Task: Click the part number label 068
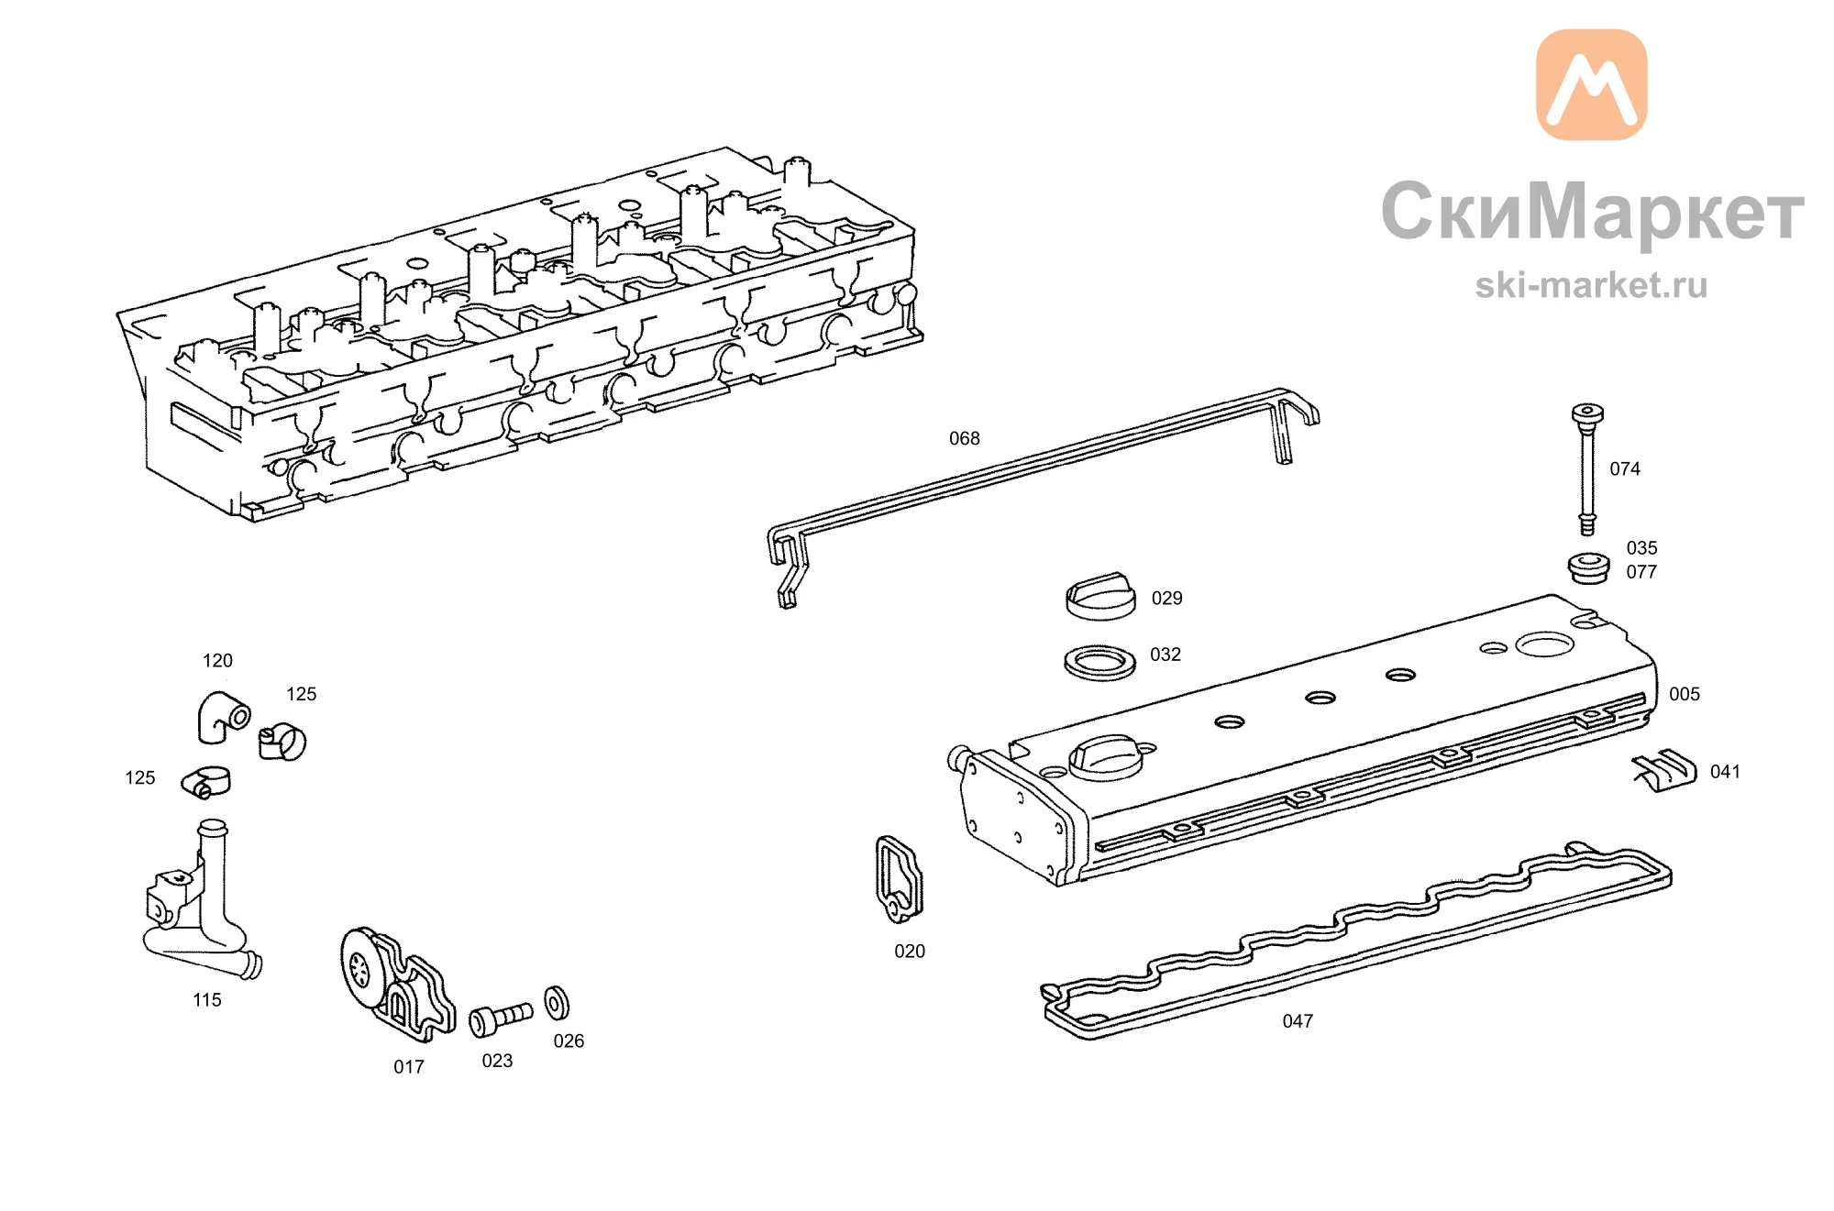964,439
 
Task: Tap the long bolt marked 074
1587,468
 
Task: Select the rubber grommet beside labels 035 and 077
1588,567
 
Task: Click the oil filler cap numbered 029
1100,597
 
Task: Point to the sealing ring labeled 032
1099,662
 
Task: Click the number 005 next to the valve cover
1685,694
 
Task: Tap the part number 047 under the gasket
1298,1021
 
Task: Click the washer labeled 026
557,1004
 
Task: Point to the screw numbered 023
500,1018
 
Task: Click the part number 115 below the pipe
207,1000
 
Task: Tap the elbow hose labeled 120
221,715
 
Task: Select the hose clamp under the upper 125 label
282,742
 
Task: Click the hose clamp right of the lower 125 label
205,782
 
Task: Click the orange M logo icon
1592,84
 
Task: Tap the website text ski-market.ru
1591,285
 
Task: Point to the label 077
1641,572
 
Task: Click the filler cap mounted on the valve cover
1105,757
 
